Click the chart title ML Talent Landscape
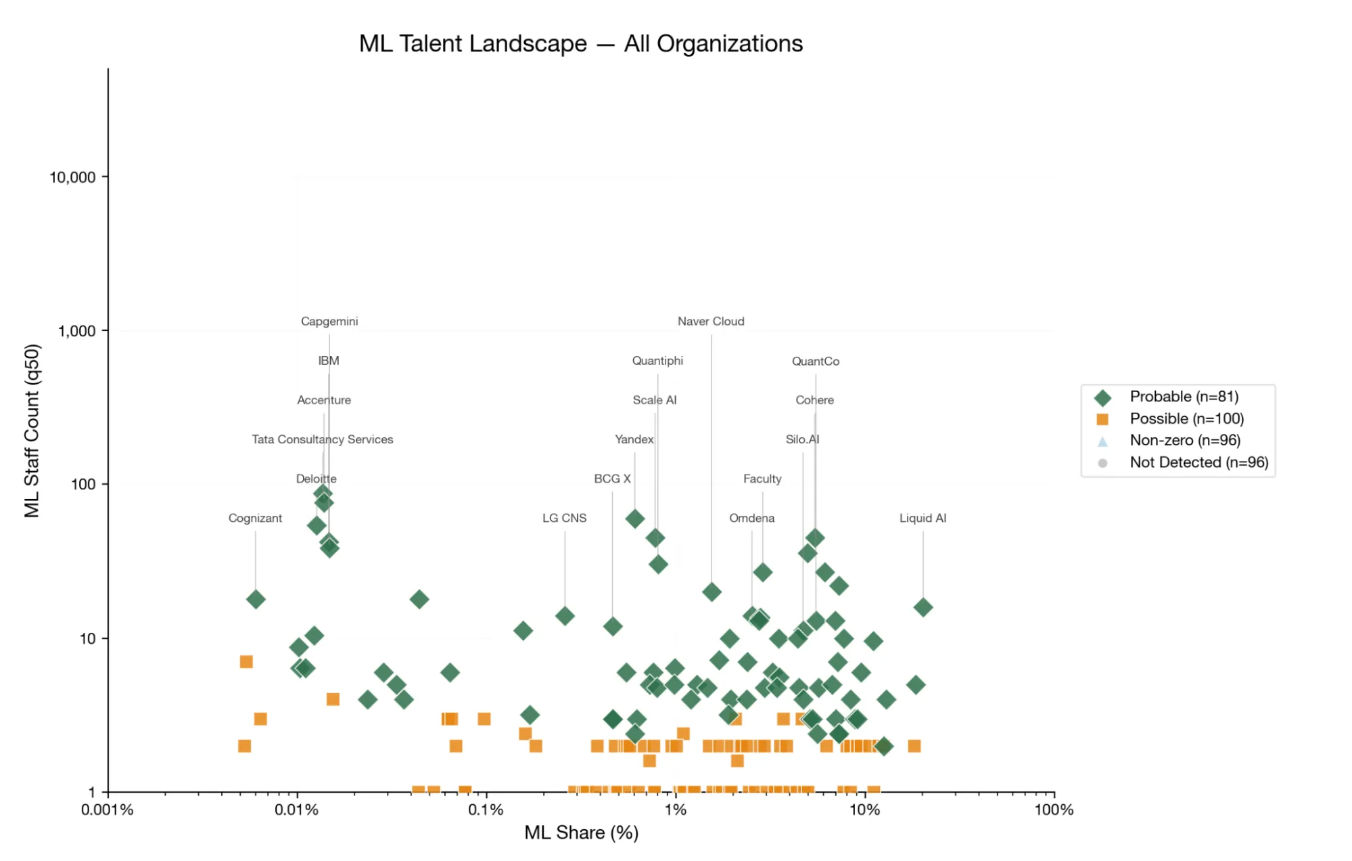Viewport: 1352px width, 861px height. pos(580,43)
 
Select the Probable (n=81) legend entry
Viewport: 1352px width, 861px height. pos(1183,397)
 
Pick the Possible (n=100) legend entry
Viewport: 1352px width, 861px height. pos(1186,419)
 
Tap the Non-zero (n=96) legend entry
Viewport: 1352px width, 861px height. pos(1184,441)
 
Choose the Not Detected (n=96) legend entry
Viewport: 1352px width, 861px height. pos(1198,463)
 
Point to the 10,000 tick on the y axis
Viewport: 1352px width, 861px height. pos(72,177)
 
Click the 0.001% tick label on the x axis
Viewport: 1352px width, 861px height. pos(107,810)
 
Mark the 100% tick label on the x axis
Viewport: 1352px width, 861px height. pos(1053,810)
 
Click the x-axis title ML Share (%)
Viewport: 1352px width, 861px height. pos(581,833)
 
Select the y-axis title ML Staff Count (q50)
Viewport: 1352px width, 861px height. pos(32,431)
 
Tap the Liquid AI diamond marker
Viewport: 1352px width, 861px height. pos(923,608)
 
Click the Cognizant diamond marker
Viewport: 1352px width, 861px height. pos(255,600)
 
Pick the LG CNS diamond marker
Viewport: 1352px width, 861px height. pos(565,617)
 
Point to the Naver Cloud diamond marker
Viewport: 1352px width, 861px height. pos(711,592)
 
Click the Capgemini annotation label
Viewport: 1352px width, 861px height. pos(329,322)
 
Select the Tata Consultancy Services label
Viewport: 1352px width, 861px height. pos(322,440)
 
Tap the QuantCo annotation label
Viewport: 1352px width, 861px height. pos(815,361)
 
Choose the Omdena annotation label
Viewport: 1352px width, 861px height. pos(751,518)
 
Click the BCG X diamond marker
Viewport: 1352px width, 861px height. pos(612,627)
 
